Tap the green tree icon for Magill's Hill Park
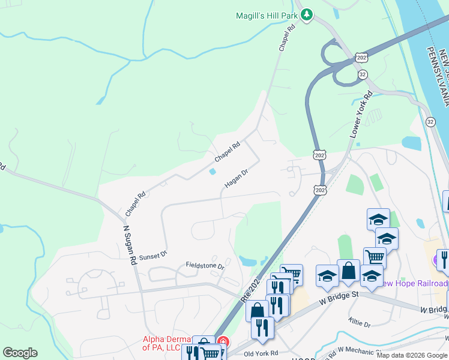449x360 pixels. point(307,14)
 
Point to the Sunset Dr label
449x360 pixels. point(152,256)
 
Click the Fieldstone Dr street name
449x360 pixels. point(205,265)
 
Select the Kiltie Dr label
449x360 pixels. point(360,323)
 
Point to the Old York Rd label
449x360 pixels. point(261,353)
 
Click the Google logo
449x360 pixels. point(20,353)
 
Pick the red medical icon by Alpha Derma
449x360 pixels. point(223,342)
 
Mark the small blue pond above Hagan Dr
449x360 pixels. point(213,172)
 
